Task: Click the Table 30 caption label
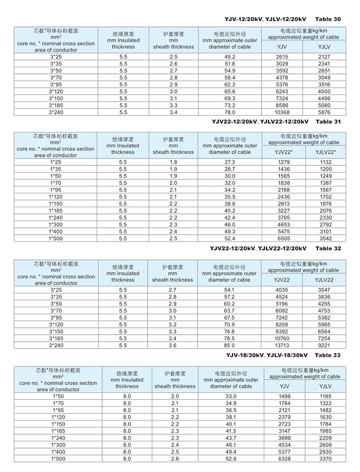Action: pos(328,19)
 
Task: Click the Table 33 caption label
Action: pos(328,355)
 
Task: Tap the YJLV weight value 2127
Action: pos(324,57)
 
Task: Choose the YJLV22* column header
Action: pos(323,152)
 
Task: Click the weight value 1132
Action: pos(323,162)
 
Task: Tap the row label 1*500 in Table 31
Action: pos(55,238)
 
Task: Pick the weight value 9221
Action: pos(323,345)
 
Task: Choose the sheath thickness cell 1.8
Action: pos(173,162)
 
